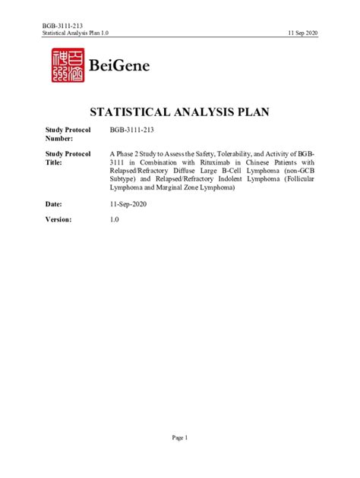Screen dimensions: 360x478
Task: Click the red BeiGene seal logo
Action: [x=67, y=66]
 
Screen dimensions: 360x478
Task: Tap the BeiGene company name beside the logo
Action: [x=119, y=66]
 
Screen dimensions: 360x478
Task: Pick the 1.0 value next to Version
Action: [x=115, y=219]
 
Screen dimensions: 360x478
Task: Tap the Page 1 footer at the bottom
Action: [x=179, y=438]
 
